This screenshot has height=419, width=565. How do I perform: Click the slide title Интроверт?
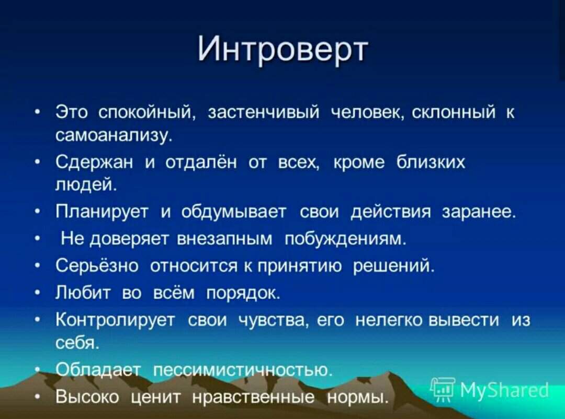(283, 50)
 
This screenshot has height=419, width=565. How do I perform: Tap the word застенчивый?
(264, 113)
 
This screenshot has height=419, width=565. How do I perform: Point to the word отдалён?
(201, 162)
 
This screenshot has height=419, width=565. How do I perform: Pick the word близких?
(431, 162)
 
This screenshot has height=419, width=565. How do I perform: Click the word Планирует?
(102, 212)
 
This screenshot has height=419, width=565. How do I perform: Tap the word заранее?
(479, 212)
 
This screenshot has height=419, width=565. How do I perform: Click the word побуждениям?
(345, 239)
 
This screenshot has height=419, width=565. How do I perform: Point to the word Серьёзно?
(97, 265)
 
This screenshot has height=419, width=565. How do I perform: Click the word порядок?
(243, 294)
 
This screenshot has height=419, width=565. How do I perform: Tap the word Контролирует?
(116, 320)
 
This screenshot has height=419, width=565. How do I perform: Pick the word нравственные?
(253, 397)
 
